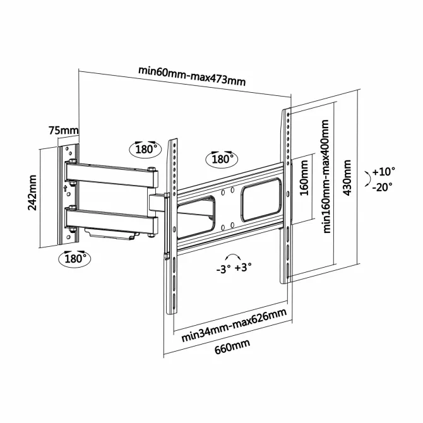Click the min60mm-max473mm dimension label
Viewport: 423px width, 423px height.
pos(192,76)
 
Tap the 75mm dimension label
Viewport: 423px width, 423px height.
pos(64,131)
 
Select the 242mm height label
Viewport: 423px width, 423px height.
pos(32,193)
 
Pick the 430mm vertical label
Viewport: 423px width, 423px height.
pos(347,178)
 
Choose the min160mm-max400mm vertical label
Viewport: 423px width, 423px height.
pos(326,176)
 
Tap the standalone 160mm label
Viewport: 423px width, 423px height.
pos(304,178)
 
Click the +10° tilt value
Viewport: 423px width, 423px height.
pos(383,171)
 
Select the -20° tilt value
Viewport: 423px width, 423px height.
pos(383,187)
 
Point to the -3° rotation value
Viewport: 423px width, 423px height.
pos(223,269)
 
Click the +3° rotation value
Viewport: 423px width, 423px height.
pos(243,268)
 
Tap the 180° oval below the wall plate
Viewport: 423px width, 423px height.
pos(74,259)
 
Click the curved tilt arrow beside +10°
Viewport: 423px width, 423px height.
pos(368,178)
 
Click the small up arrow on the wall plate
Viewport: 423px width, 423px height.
pos(65,188)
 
